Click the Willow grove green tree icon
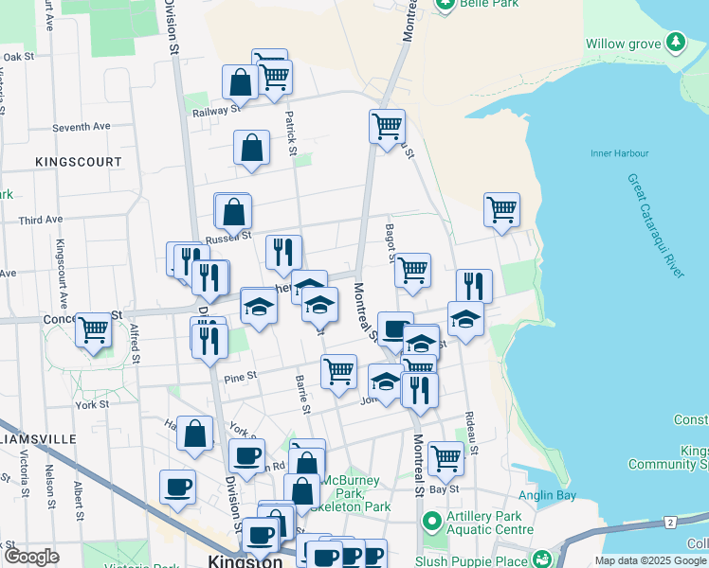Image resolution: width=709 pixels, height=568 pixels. tap(675, 43)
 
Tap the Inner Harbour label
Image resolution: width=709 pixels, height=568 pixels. tap(620, 153)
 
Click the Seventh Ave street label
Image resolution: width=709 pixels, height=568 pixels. tap(82, 127)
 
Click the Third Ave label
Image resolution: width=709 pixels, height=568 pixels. tap(41, 220)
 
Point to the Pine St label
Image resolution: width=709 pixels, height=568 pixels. tap(241, 377)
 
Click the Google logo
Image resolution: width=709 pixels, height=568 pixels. tap(31, 557)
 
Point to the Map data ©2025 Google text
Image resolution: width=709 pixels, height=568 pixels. tap(650, 560)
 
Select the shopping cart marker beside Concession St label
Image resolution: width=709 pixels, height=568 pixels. tap(94, 330)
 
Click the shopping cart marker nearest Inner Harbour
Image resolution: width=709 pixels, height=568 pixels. tap(501, 210)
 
